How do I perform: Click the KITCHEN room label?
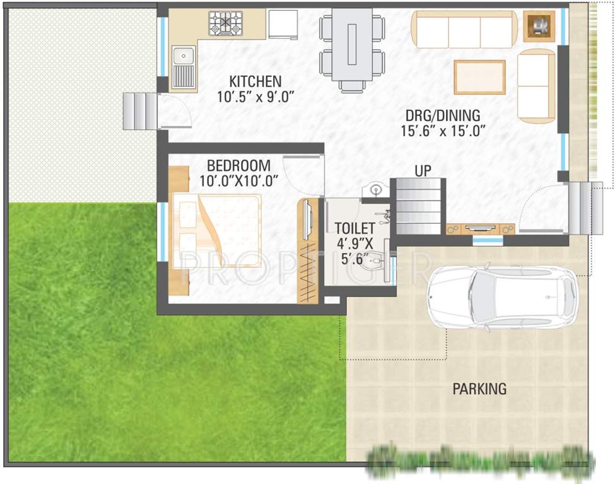pos(255,82)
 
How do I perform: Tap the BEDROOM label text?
pos(238,166)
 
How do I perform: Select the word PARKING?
pos(479,389)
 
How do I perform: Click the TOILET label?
pos(354,228)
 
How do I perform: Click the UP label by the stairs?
pos(423,170)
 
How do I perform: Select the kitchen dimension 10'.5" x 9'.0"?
pos(255,97)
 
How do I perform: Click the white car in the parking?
pos(501,296)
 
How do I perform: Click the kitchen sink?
pos(183,66)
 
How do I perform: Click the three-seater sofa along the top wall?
pos(464,28)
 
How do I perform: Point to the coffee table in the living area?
pos(479,77)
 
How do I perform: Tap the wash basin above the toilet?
pos(375,189)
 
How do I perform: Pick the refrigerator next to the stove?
pos(283,25)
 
